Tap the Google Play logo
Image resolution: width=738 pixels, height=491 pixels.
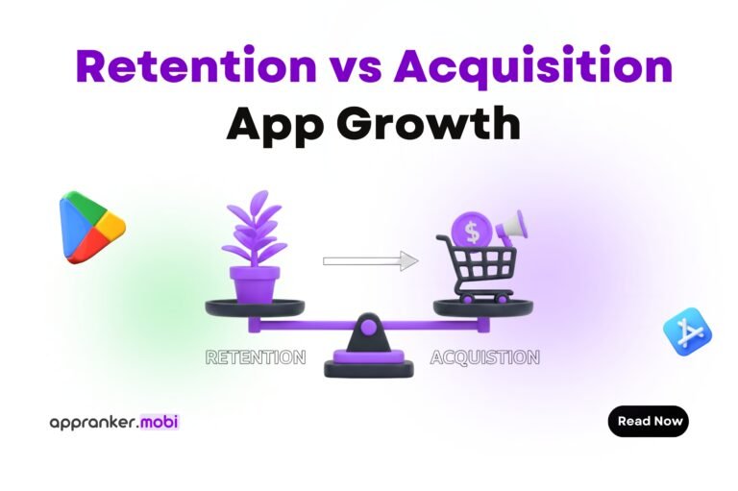91,226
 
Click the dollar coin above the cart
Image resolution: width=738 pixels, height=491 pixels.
471,230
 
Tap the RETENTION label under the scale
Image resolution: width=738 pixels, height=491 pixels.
256,357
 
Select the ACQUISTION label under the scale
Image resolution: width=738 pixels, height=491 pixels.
484,357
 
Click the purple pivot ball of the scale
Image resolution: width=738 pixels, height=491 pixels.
368,328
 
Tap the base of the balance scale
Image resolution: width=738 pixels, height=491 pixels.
368,366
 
